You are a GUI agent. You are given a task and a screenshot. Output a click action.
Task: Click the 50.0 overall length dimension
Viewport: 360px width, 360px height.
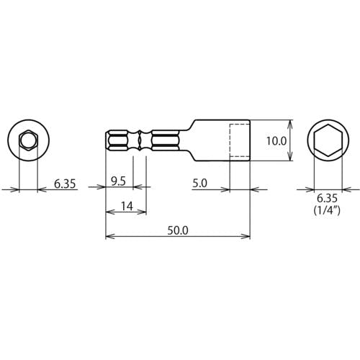pyautogui.click(x=178, y=231)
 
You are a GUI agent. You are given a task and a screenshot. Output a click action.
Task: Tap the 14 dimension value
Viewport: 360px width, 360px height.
pyautogui.click(x=127, y=206)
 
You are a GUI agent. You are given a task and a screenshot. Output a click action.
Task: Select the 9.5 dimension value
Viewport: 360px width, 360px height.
pyautogui.click(x=118, y=181)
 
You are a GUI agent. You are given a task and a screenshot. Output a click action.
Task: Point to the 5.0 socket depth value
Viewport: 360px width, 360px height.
pyautogui.click(x=199, y=184)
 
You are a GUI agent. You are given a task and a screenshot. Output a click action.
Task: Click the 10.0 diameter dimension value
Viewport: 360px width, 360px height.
pyautogui.click(x=276, y=141)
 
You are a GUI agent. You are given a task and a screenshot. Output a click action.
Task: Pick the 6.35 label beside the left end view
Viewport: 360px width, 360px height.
pyautogui.click(x=65, y=184)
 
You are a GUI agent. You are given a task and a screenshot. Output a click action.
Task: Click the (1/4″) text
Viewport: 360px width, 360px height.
pyautogui.click(x=327, y=210)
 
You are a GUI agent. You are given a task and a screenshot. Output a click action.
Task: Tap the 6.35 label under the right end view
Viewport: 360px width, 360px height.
pyautogui.click(x=328, y=199)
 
